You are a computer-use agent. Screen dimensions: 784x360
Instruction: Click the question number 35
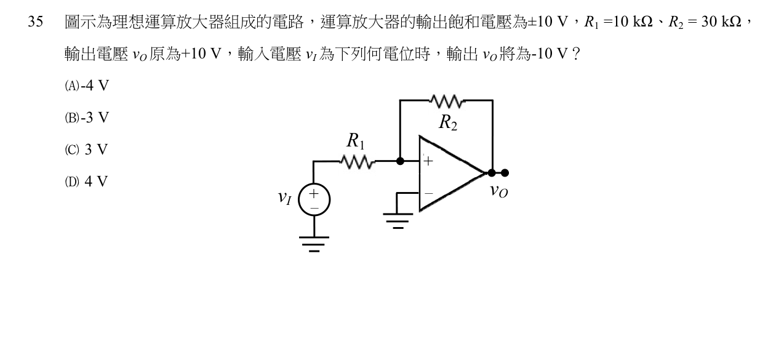click(36, 22)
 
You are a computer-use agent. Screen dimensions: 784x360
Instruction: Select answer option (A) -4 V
click(87, 86)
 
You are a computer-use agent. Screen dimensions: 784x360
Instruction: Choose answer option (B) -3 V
click(87, 118)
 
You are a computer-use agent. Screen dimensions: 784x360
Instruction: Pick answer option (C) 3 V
click(86, 150)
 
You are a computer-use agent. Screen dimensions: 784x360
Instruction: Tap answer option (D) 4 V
click(86, 182)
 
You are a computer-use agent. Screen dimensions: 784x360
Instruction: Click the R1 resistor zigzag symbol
click(358, 162)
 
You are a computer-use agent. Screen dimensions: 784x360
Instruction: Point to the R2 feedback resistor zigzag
click(447, 101)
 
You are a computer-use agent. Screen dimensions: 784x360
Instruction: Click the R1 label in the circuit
click(356, 141)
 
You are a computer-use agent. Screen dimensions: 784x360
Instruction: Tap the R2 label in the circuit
click(448, 123)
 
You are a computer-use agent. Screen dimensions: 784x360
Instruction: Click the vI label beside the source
click(284, 198)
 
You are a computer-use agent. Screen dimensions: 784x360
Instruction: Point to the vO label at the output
click(498, 191)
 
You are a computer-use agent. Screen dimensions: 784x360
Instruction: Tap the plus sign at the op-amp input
click(428, 161)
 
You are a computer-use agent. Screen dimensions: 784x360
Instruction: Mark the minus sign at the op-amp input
click(428, 193)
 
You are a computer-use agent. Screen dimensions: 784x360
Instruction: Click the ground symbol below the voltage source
click(314, 244)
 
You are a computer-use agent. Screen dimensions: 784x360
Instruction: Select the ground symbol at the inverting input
click(398, 221)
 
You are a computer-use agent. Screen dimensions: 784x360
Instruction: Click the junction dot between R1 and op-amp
click(400, 161)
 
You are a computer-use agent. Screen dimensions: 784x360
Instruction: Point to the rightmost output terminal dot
click(505, 173)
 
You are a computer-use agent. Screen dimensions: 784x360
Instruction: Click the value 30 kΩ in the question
click(721, 22)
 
